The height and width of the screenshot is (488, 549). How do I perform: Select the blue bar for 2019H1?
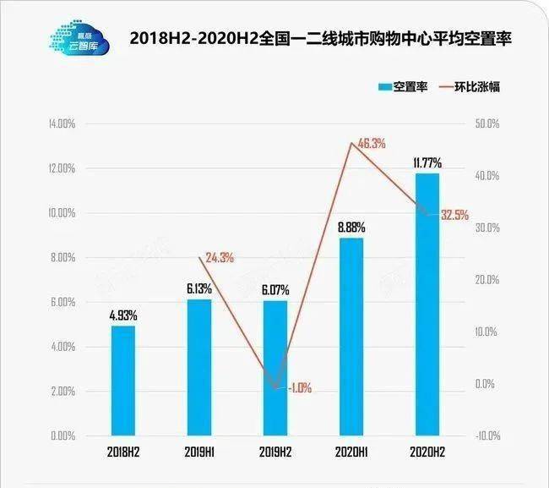[199, 367]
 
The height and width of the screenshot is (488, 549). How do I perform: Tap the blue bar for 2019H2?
[275, 368]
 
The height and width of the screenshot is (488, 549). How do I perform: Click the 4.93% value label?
[123, 315]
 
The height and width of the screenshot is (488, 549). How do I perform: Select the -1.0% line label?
[299, 388]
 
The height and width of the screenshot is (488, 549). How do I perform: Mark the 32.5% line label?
[454, 215]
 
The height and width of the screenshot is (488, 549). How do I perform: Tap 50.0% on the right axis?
[488, 123]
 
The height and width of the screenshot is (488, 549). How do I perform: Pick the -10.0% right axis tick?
[487, 436]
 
